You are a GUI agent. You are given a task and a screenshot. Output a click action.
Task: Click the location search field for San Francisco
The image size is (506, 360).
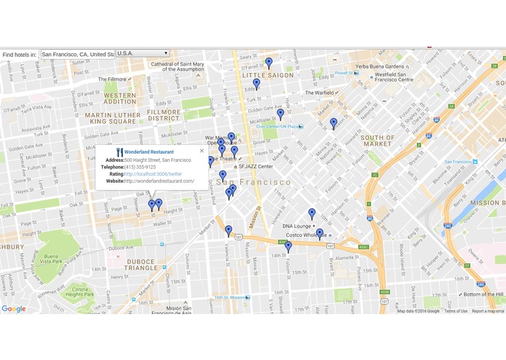[77, 54]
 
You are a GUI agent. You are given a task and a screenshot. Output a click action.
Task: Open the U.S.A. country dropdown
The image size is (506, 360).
[143, 54]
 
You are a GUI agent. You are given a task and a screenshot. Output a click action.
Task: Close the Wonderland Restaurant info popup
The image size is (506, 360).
[202, 151]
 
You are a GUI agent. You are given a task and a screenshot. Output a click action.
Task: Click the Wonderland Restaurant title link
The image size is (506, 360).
[149, 152]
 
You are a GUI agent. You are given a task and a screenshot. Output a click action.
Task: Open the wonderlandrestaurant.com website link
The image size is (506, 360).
[159, 181]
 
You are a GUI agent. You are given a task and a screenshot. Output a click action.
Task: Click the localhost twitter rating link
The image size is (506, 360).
[153, 174]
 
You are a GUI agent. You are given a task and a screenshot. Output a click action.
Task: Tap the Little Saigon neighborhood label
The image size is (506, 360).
[268, 75]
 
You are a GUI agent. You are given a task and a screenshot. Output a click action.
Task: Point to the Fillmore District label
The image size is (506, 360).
[164, 115]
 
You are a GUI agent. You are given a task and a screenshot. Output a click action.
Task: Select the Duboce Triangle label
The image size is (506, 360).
[141, 265]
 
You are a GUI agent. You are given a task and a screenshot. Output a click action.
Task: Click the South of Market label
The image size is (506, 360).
[377, 141]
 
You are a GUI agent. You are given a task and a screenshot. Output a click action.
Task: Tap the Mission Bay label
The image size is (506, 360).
[486, 203]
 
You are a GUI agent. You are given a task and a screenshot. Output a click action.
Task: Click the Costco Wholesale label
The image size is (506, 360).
[305, 235]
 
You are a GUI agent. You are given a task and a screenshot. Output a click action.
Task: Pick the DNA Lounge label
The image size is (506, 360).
[297, 226]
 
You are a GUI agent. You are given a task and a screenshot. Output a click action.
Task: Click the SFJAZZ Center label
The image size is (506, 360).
[256, 166]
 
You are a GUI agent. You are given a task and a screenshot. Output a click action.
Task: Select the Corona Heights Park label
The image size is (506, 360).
[80, 291]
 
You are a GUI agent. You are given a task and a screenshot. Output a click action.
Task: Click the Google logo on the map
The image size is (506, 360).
[13, 309]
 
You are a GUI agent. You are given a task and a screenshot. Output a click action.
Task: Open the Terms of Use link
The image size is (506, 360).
[456, 311]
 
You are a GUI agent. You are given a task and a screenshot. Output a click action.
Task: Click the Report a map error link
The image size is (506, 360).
[488, 311]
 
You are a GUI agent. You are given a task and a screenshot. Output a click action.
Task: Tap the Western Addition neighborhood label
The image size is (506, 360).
[120, 98]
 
